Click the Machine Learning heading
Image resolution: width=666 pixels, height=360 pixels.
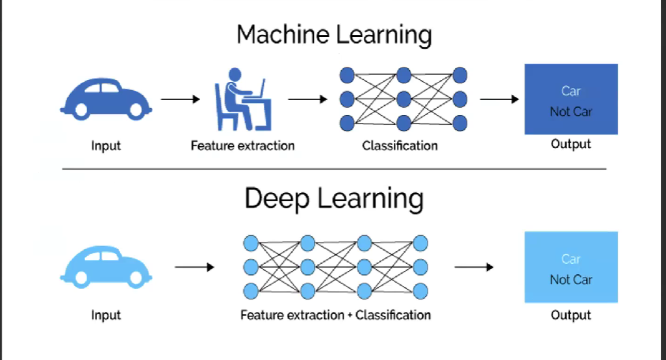[x=334, y=34]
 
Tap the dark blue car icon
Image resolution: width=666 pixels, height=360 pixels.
[x=106, y=99]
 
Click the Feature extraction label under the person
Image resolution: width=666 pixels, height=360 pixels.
[x=242, y=146]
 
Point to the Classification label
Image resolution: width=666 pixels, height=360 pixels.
[x=400, y=146]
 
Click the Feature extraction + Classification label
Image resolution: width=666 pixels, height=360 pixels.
[x=335, y=315]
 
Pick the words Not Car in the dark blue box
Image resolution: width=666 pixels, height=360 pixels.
[x=571, y=112]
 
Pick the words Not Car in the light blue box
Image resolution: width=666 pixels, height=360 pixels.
[x=571, y=279]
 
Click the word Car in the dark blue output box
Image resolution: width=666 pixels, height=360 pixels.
[x=571, y=92]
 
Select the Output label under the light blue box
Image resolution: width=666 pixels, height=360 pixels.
[x=571, y=315]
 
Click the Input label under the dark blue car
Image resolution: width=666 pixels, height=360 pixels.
[x=106, y=146]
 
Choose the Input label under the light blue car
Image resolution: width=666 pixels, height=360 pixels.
[x=106, y=315]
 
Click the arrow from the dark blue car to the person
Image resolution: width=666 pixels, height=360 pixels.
[x=181, y=99]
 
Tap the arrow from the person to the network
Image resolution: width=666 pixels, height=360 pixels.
[x=307, y=99]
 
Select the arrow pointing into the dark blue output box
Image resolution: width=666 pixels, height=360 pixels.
[x=499, y=99]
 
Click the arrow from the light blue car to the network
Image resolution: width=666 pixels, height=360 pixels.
[x=194, y=267]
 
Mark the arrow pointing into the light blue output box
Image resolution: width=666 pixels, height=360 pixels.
[x=474, y=267]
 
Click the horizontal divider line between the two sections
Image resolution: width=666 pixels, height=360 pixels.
[x=334, y=169]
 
